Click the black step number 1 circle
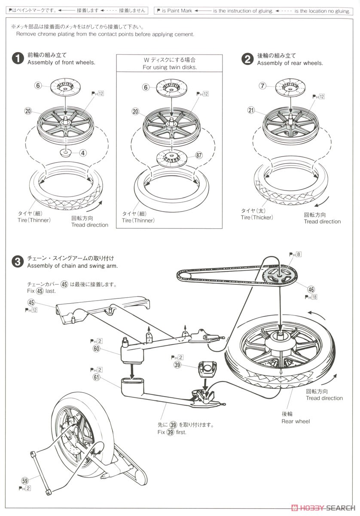(x=18, y=59)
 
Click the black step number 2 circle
(x=247, y=59)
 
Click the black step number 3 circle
(x=18, y=261)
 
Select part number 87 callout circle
(x=199, y=155)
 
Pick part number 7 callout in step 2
(x=263, y=86)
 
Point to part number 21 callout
(x=251, y=110)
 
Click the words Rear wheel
(x=296, y=421)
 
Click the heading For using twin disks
(x=170, y=68)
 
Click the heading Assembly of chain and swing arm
(x=72, y=265)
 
